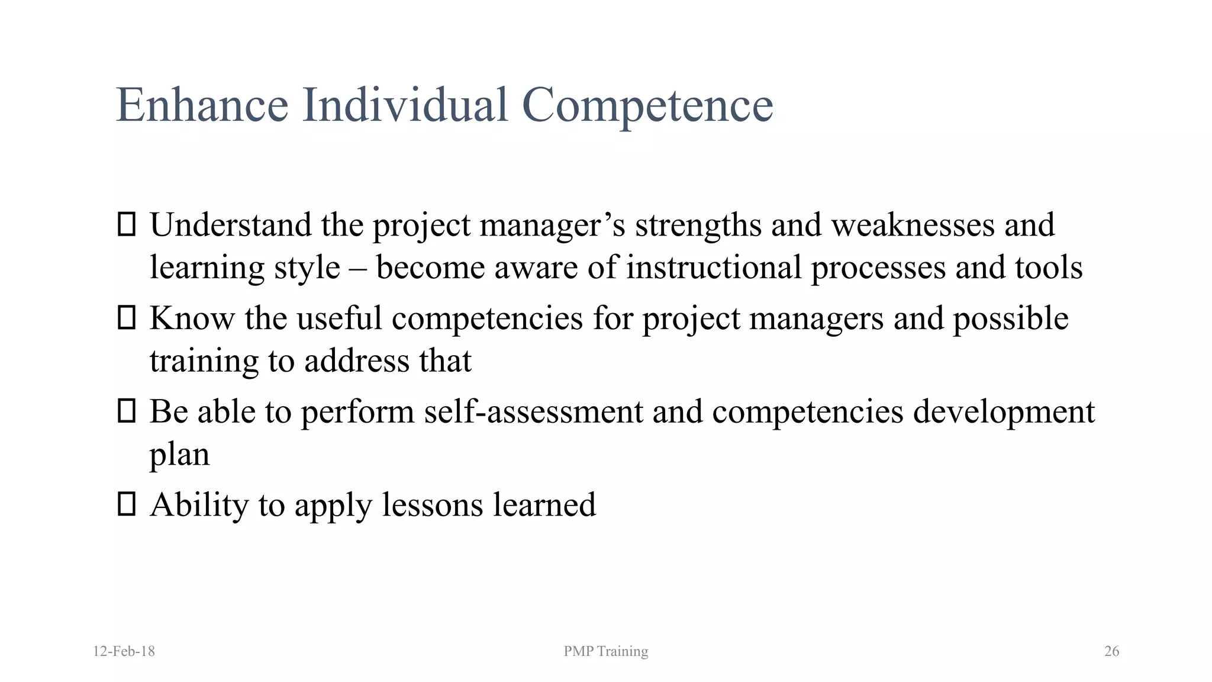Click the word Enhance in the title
pyautogui.click(x=202, y=105)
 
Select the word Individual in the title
pyautogui.click(x=405, y=105)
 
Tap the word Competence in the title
pyautogui.click(x=647, y=105)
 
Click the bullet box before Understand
pyautogui.click(x=127, y=225)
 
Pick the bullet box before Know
pyautogui.click(x=127, y=318)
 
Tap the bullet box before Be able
pyautogui.click(x=127, y=411)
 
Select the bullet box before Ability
pyautogui.click(x=127, y=504)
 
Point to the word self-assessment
pyautogui.click(x=533, y=412)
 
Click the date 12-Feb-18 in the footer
pyautogui.click(x=124, y=651)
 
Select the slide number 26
pyautogui.click(x=1111, y=651)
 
